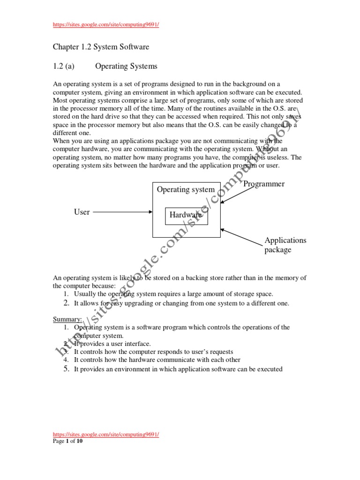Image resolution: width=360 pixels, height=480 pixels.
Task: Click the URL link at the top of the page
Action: click(106, 25)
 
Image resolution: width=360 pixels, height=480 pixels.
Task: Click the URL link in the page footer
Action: click(106, 435)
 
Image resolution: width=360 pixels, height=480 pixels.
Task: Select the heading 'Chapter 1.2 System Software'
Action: click(101, 47)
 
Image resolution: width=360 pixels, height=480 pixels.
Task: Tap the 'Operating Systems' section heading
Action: click(126, 66)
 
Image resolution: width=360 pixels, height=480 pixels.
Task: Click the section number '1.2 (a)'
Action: click(64, 66)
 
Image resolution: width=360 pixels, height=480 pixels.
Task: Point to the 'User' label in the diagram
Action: click(82, 212)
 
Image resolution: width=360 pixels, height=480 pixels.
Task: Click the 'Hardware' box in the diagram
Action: click(187, 215)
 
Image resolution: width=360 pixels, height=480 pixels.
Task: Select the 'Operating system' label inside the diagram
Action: click(186, 190)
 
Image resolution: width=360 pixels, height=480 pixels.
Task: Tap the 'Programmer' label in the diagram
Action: click(264, 184)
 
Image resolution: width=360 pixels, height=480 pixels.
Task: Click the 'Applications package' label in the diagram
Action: click(285, 245)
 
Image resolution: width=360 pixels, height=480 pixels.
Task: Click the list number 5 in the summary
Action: click(67, 369)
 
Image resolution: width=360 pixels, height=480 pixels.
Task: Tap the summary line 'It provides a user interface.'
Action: click(112, 344)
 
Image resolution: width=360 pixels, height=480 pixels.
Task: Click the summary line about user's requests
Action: click(153, 352)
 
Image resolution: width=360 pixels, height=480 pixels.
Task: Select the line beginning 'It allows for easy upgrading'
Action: click(181, 303)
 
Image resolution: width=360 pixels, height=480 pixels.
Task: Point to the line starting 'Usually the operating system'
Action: click(173, 294)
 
